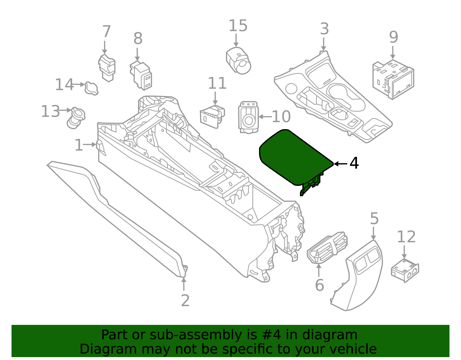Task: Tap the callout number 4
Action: tap(354, 163)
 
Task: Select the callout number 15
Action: tap(238, 26)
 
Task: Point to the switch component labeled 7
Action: tap(107, 68)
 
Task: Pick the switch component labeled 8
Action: tap(141, 75)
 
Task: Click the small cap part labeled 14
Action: tap(91, 88)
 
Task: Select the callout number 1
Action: tap(79, 145)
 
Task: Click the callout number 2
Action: tap(185, 301)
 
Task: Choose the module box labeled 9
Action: tap(393, 79)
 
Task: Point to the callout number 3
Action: tap(324, 29)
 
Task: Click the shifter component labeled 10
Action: tap(248, 117)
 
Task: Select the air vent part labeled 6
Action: tap(327, 248)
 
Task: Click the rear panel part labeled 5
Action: tap(364, 277)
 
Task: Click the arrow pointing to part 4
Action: tap(340, 164)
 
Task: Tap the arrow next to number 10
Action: tap(265, 117)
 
